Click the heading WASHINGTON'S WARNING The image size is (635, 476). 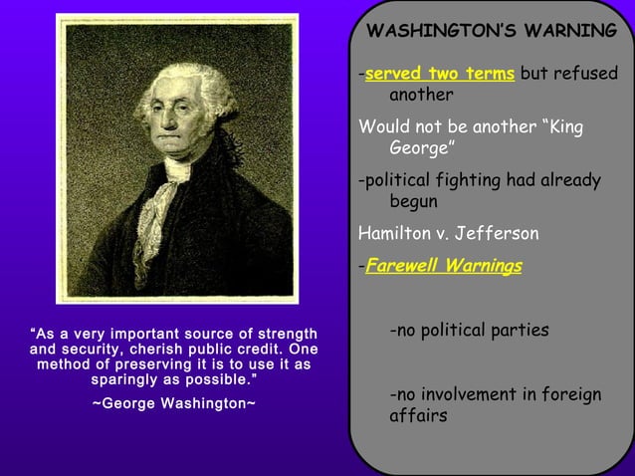492,31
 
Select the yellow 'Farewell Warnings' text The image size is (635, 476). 443,267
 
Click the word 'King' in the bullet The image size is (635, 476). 562,128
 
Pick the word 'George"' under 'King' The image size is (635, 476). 421,149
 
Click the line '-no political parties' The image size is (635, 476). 468,331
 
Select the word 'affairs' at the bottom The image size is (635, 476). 417,416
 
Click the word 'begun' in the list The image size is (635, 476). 413,201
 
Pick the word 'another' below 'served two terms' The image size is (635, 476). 421,96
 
